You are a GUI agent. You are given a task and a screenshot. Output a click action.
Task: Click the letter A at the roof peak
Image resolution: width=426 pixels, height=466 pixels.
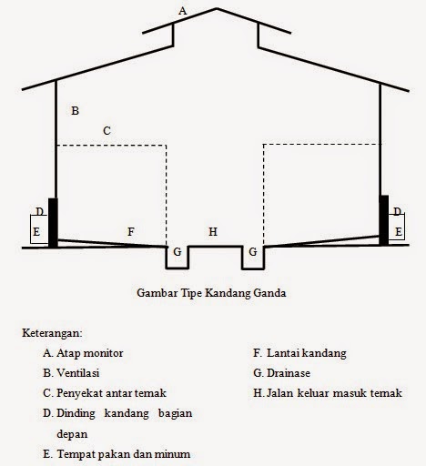183,11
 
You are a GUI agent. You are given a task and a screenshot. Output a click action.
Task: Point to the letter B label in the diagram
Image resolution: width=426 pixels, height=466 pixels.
76,111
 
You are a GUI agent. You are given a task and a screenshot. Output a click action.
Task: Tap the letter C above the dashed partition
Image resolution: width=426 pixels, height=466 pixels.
106,131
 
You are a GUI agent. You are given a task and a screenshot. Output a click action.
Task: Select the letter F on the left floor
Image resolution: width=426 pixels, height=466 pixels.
131,233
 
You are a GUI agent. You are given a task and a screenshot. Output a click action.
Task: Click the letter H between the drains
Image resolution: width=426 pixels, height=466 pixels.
213,233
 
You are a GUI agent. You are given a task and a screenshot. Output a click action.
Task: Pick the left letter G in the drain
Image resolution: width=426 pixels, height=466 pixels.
177,251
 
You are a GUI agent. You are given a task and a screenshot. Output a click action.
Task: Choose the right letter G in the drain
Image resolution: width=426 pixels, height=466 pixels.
253,251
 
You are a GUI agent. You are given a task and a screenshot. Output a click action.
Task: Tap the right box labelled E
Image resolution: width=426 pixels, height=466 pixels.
399,232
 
